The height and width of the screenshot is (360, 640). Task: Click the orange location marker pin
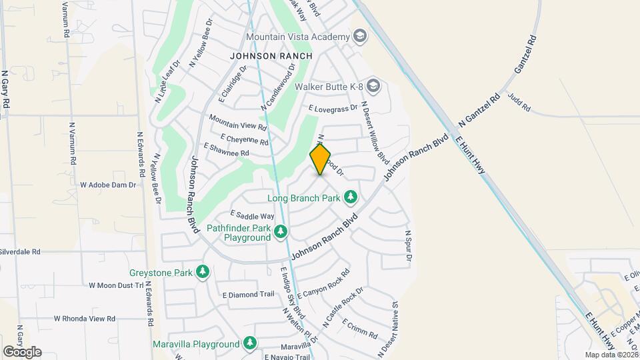[x=321, y=160]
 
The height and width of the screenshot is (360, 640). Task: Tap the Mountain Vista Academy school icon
[x=361, y=36]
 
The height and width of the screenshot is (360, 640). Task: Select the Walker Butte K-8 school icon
[x=374, y=85]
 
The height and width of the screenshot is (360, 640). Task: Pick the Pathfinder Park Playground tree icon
[x=281, y=231]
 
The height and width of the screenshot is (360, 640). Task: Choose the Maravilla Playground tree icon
[x=250, y=343]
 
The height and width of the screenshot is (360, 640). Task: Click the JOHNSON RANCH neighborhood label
[x=271, y=56]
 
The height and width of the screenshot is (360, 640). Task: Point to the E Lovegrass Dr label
[x=333, y=108]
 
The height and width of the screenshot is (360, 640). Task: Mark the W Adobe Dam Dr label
[x=107, y=184]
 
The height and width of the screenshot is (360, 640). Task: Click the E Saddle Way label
[x=252, y=215]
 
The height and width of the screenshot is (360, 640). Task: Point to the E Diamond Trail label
[x=249, y=294]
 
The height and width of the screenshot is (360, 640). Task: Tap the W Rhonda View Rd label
[x=84, y=319]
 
